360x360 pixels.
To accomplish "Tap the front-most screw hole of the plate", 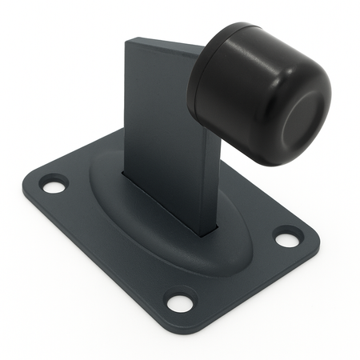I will [180, 302].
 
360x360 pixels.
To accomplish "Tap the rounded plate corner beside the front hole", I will [180, 324].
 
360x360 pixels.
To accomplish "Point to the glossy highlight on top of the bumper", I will [240, 36].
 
